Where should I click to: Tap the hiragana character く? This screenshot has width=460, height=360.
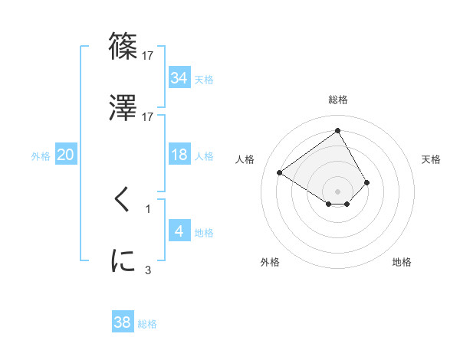(123, 199)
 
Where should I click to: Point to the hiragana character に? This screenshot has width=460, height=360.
(123, 260)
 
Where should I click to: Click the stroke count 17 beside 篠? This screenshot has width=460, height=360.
(148, 55)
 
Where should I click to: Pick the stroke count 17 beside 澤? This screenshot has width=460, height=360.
(148, 116)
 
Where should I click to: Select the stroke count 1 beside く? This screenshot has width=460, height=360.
(148, 208)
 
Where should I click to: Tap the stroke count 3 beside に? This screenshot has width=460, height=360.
(148, 270)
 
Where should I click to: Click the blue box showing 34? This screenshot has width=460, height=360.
(179, 78)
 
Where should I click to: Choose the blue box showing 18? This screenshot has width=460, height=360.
(179, 155)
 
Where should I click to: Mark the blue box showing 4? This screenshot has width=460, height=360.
(179, 231)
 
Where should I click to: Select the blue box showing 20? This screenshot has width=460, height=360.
(65, 155)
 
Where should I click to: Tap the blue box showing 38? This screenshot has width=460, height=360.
(123, 322)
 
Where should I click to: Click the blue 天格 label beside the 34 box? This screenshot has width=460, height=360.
(204, 80)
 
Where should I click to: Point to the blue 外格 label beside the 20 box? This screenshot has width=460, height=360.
(41, 156)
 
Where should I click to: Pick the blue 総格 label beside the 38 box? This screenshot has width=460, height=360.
(147, 324)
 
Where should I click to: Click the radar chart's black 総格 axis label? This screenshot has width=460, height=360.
(338, 100)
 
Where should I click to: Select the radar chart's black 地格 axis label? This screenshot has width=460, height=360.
(402, 262)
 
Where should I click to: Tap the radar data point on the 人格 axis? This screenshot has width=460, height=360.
(280, 172)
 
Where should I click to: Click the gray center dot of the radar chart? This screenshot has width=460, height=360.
(338, 191)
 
